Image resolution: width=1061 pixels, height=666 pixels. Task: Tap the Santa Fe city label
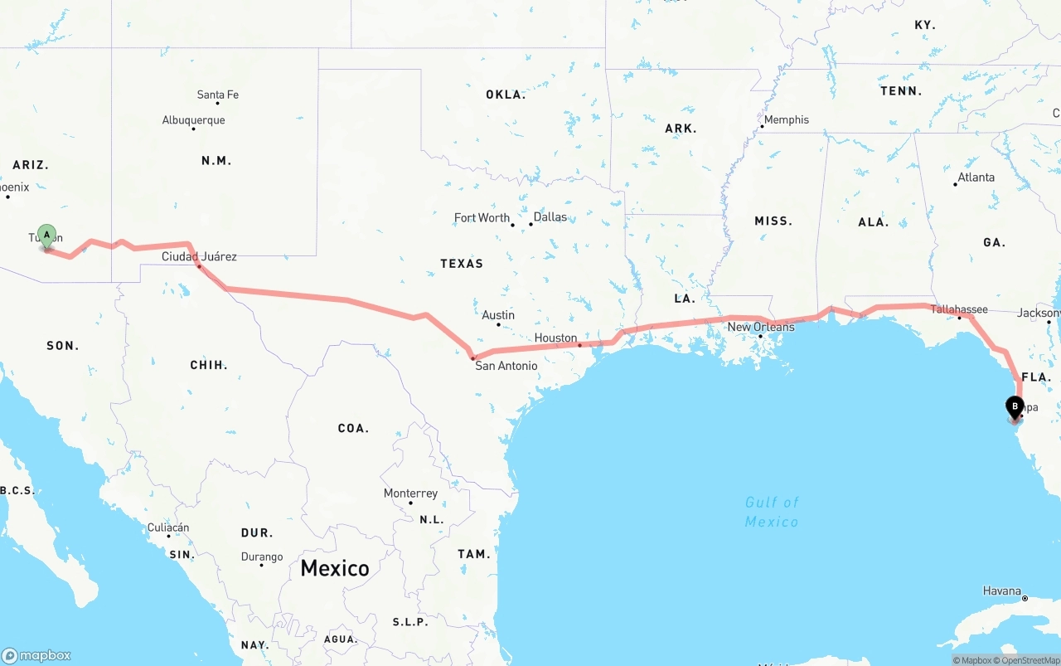pyautogui.click(x=218, y=95)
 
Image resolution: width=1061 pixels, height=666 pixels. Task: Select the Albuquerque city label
pyautogui.click(x=193, y=120)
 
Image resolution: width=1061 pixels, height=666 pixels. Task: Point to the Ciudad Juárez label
pyautogui.click(x=199, y=256)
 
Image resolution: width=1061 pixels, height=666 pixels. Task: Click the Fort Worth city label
pyautogui.click(x=482, y=217)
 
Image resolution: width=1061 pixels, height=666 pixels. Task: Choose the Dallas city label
pyautogui.click(x=550, y=216)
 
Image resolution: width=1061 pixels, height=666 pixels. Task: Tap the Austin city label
pyautogui.click(x=498, y=315)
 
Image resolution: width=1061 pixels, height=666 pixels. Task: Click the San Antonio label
pyautogui.click(x=506, y=365)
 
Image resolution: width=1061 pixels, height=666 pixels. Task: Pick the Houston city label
pyautogui.click(x=555, y=338)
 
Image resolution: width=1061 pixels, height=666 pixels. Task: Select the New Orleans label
pyautogui.click(x=761, y=327)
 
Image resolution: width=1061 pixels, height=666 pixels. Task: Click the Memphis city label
pyautogui.click(x=786, y=119)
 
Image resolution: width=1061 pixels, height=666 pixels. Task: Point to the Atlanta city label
pyautogui.click(x=976, y=177)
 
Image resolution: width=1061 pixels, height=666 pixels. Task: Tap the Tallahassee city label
pyautogui.click(x=959, y=309)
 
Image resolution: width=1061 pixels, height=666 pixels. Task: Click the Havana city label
pyautogui.click(x=1002, y=591)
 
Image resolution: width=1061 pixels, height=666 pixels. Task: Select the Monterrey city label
pyautogui.click(x=410, y=493)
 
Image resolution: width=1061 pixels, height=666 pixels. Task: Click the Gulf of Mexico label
pyautogui.click(x=772, y=512)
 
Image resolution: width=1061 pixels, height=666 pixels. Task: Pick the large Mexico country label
pyautogui.click(x=335, y=568)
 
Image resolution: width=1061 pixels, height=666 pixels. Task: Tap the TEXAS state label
pyautogui.click(x=462, y=263)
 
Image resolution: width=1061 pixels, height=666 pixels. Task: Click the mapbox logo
pyautogui.click(x=36, y=655)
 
